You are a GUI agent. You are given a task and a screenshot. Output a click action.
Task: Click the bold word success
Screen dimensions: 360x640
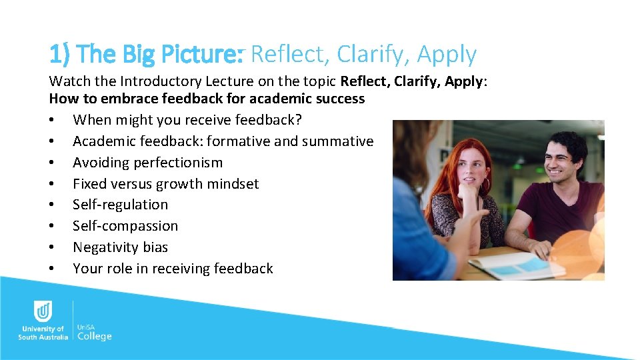[337, 99]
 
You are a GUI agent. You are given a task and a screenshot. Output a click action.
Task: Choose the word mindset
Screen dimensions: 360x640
[233, 183]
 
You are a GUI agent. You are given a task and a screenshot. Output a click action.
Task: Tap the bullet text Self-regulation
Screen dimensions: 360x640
[120, 204]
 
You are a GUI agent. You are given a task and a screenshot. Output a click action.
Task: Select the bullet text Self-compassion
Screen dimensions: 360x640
[125, 225]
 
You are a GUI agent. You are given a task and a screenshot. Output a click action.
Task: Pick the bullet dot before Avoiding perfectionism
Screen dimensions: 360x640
[52, 163]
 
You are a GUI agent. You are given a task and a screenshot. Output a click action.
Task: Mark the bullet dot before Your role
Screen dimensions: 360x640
[52, 269]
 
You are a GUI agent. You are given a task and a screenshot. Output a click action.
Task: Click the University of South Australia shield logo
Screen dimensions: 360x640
[43, 311]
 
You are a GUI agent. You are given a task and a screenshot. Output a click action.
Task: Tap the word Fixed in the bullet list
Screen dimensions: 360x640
[90, 183]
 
